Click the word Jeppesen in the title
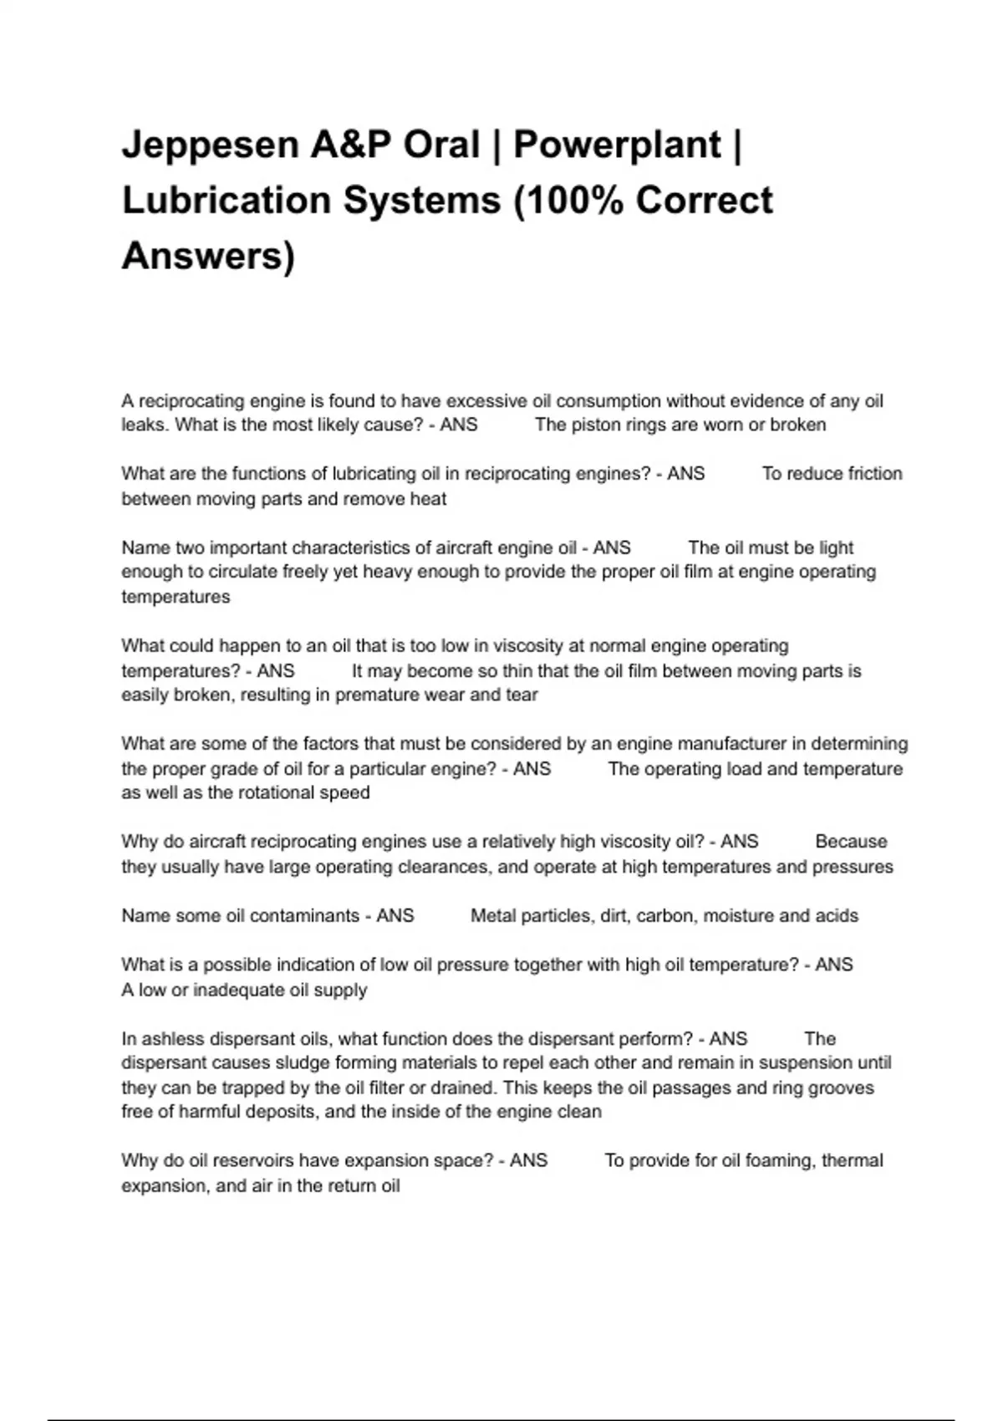(x=210, y=145)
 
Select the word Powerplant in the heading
(x=617, y=145)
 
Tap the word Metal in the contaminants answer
(x=492, y=916)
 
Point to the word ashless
(x=172, y=1039)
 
